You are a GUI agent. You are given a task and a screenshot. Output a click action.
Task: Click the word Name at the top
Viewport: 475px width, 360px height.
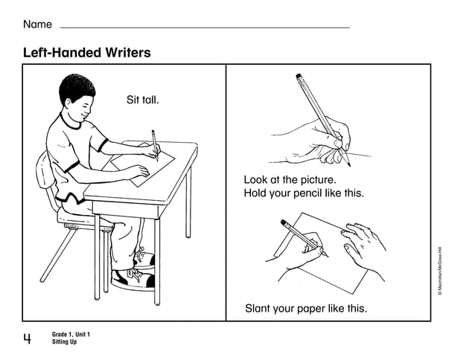[37, 25]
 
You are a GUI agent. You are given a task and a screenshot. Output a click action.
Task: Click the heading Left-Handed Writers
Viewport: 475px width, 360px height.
[86, 53]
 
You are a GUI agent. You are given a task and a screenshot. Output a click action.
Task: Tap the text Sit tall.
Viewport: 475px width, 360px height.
[143, 100]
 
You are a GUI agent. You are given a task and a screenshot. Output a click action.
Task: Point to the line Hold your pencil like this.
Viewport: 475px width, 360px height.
[304, 193]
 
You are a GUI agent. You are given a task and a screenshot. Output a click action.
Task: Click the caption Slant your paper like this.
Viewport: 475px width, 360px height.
[306, 308]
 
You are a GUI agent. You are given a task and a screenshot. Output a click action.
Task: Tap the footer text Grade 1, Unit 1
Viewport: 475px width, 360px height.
[76, 335]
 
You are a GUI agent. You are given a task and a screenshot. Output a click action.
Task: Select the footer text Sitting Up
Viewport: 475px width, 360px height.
[64, 342]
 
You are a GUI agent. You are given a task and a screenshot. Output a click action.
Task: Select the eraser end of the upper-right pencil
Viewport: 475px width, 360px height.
[299, 76]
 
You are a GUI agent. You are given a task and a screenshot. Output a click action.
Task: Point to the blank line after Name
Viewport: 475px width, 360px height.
[204, 28]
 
